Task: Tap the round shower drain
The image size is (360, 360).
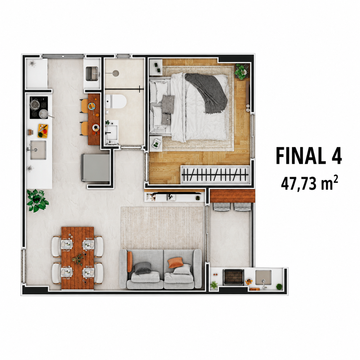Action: pos(116,73)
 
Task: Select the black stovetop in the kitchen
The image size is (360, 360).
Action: pos(39,108)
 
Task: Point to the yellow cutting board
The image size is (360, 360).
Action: pos(43,131)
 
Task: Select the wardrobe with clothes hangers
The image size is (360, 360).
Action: pos(215,175)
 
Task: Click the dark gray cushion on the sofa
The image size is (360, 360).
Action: pos(143,268)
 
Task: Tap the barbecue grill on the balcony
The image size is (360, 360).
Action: pos(234,277)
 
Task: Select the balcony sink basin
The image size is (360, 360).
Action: pos(264,278)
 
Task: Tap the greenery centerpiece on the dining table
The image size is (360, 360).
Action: pos(78,259)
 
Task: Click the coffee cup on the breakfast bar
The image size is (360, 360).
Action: pos(96,127)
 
